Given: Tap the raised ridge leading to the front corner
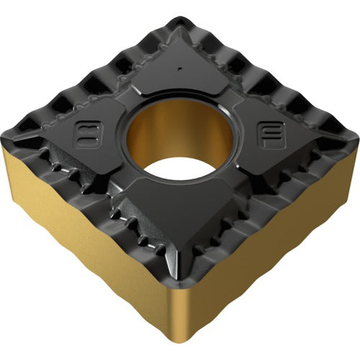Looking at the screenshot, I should point(180,245).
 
